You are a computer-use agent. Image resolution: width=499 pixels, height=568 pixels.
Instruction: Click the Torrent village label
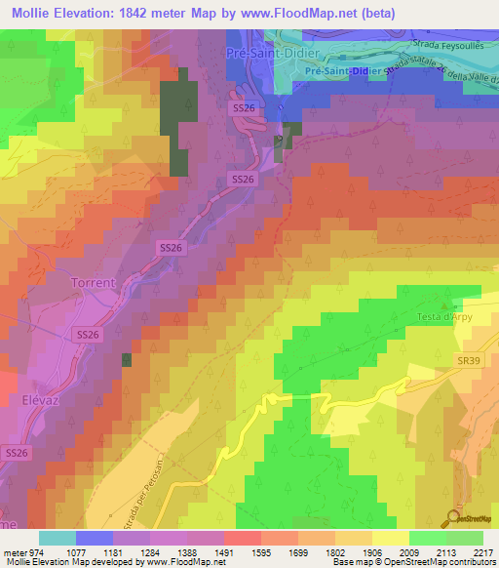(93, 283)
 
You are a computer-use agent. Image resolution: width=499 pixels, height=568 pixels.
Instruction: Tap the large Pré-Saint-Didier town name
(264, 53)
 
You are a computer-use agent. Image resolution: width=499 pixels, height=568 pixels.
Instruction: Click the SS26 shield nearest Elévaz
(18, 454)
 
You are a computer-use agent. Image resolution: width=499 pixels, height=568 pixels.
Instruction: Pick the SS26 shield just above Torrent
(171, 250)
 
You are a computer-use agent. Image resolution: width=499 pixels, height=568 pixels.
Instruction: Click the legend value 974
(28, 551)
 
